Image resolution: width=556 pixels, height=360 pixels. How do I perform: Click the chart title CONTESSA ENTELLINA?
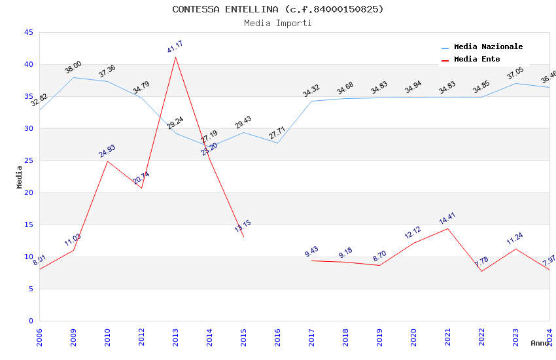coord(277,9)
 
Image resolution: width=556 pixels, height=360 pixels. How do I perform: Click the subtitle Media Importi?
coord(277,24)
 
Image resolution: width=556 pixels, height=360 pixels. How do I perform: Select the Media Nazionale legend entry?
coord(488,46)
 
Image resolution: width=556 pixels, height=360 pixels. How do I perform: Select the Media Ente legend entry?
coord(476,59)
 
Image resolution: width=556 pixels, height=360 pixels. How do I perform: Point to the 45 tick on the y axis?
coord(27,32)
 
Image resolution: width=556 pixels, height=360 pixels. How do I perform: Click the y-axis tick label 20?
coord(27,192)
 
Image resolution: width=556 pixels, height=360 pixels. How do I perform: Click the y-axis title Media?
coord(20,177)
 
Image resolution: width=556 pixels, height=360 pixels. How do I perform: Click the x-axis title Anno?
coord(540,343)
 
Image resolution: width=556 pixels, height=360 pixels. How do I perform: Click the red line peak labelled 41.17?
coord(175,58)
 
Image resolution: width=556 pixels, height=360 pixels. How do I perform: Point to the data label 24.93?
coord(107,151)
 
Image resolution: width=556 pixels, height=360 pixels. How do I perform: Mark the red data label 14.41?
coord(447,219)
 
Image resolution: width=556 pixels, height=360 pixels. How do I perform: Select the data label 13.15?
coord(243,226)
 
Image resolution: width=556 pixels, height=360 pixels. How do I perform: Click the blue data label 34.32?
coord(311,91)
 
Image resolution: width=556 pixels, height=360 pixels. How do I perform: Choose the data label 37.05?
coord(515,73)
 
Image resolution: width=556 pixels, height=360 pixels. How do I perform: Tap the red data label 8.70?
coord(379,255)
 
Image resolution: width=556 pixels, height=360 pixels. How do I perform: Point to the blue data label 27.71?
coord(277,134)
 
